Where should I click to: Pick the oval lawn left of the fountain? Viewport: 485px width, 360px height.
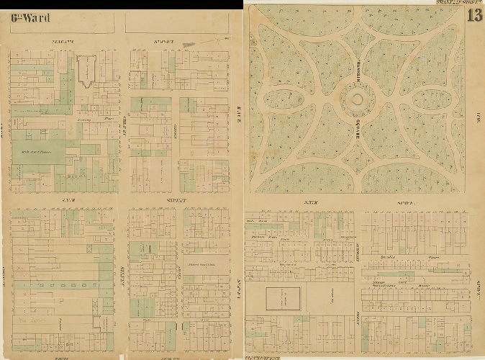pos(286,99)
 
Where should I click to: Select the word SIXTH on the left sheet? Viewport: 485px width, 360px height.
pos(71,199)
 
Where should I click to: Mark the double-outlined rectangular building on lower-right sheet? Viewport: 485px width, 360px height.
pos(284,299)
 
